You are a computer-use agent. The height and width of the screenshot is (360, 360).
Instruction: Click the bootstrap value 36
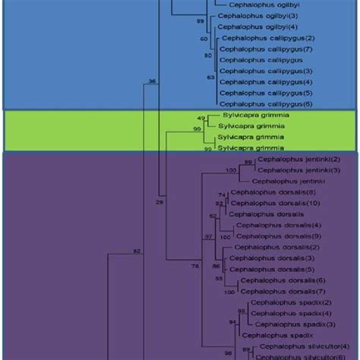point(152,81)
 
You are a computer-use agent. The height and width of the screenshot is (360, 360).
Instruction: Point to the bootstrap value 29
point(159,203)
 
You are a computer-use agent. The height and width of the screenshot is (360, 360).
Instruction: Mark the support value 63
point(211,77)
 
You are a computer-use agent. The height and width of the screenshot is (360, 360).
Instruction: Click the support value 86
point(216,267)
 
